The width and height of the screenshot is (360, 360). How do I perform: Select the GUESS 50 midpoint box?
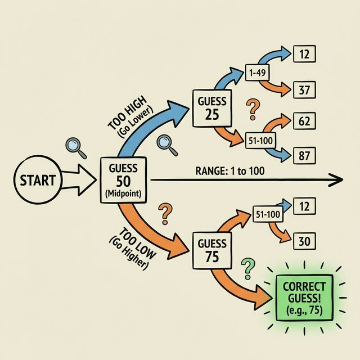[123, 180]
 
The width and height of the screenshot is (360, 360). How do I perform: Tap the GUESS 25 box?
[212, 108]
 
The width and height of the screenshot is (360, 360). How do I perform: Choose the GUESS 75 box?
[212, 250]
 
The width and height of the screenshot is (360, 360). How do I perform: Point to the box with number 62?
[304, 120]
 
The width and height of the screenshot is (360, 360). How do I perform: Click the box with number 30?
[304, 241]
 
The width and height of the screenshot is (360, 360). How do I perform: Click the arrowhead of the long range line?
[336, 180]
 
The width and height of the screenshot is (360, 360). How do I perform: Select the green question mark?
[246, 269]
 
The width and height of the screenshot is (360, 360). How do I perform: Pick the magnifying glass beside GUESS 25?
[167, 144]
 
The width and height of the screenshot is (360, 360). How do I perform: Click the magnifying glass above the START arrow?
[75, 147]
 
